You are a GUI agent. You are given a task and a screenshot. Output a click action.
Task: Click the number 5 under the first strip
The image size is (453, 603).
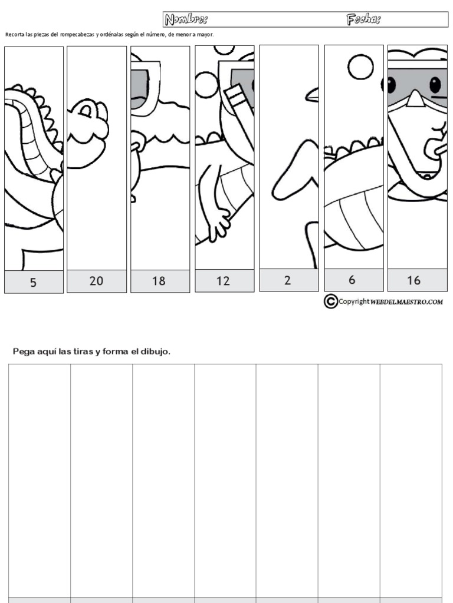(x=33, y=283)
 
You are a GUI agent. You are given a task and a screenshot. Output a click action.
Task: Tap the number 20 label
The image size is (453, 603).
(x=96, y=281)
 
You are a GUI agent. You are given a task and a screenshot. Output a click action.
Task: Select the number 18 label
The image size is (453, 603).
(x=159, y=281)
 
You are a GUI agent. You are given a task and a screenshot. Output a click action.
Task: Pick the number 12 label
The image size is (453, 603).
(x=222, y=281)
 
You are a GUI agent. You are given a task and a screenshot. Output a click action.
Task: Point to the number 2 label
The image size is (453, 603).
(x=287, y=281)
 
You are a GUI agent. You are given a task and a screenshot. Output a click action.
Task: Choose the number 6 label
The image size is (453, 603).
(x=352, y=280)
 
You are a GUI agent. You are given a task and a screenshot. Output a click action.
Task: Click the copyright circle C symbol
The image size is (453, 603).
(x=330, y=301)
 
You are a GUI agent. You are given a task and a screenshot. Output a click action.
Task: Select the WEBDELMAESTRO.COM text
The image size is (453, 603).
(x=407, y=302)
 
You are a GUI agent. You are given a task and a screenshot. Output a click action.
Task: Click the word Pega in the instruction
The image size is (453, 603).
(x=24, y=352)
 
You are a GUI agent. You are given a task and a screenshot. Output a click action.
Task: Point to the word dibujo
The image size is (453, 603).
(x=156, y=352)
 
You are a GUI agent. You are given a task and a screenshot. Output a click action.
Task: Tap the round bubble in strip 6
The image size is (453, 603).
(x=360, y=67)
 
